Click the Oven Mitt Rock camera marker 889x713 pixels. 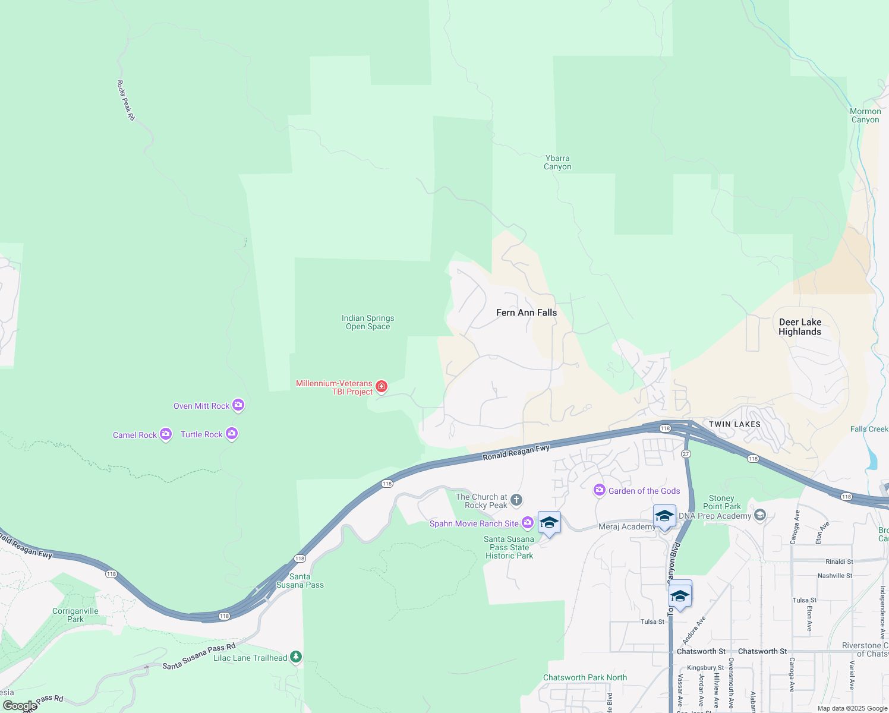[x=238, y=405]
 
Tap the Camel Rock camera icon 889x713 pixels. [x=166, y=434]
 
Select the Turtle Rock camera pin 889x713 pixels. [x=232, y=434]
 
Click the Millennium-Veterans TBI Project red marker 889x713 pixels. [x=382, y=387]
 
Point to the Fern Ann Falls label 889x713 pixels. [x=527, y=313]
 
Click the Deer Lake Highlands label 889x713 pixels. [x=800, y=327]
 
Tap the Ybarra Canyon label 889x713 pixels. [x=557, y=162]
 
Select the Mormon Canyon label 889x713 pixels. [x=865, y=115]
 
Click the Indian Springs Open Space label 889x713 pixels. [x=368, y=322]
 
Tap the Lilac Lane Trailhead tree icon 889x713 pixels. [x=296, y=657]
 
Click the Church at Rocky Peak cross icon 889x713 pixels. [x=516, y=500]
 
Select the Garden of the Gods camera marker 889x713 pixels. [x=600, y=490]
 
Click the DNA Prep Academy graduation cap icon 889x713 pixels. [x=759, y=515]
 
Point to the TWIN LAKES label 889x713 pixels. [x=734, y=424]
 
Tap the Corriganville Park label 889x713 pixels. [x=75, y=615]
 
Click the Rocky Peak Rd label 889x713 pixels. [x=126, y=101]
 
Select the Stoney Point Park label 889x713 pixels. [x=722, y=502]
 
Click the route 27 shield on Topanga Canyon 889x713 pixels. [x=686, y=454]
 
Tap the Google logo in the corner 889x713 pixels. [x=19, y=706]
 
